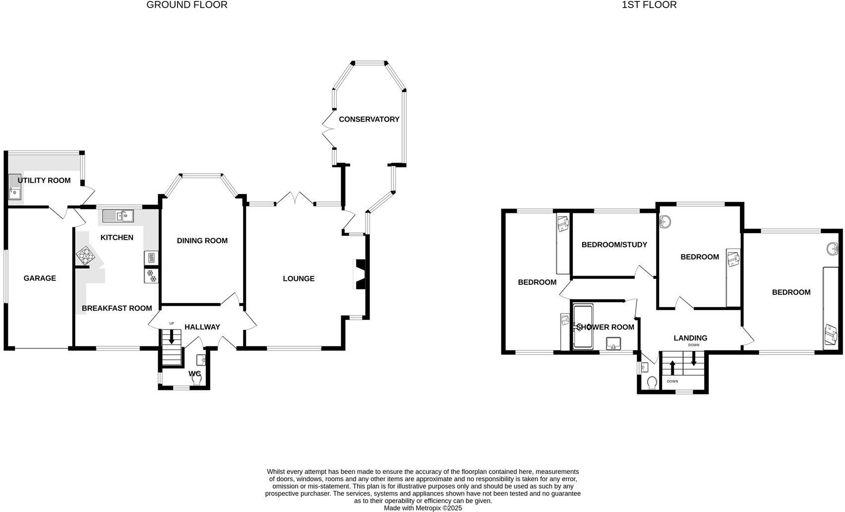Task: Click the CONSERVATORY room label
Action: click(x=369, y=119)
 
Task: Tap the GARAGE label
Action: click(x=40, y=278)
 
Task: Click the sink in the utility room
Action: click(x=15, y=187)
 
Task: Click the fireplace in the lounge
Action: click(x=360, y=274)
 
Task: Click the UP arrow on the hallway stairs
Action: click(x=172, y=337)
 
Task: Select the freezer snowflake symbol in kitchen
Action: click(x=151, y=276)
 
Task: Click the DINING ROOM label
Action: click(x=202, y=241)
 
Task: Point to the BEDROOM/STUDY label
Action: click(x=614, y=245)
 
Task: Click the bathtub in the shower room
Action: click(x=582, y=327)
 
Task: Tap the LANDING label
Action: click(x=690, y=338)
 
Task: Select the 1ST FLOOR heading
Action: click(x=649, y=5)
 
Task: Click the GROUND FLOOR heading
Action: click(x=187, y=5)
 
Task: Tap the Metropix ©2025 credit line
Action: click(x=423, y=508)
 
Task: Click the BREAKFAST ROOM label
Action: click(x=117, y=308)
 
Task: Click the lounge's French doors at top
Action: click(x=295, y=198)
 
